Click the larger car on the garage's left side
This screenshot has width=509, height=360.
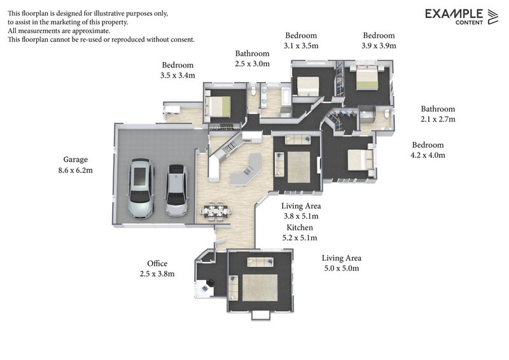141,189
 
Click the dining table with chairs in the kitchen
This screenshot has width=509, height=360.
214,211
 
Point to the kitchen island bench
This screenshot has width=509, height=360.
246,171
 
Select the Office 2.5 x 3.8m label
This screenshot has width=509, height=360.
157,268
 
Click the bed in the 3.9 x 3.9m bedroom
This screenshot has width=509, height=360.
366,78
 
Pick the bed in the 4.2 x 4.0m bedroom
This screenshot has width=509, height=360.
358,160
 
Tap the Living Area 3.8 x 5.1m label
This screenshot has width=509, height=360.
301,211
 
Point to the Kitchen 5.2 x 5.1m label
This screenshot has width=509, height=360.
299,233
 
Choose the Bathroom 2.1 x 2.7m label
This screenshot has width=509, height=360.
438,114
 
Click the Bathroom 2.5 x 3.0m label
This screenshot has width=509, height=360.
253,59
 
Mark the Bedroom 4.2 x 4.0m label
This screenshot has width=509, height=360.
428,149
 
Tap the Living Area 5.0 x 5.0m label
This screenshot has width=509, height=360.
341,263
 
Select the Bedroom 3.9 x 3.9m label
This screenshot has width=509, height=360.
379,41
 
